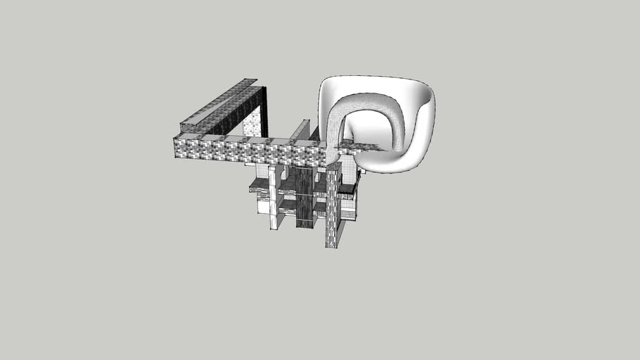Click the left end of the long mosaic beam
click(x=177, y=148)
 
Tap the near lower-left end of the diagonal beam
click(x=185, y=127)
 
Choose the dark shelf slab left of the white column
click(x=259, y=185)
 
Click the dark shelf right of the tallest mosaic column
click(x=347, y=188)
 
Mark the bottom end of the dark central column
click(x=305, y=225)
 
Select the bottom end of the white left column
click(x=274, y=226)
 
